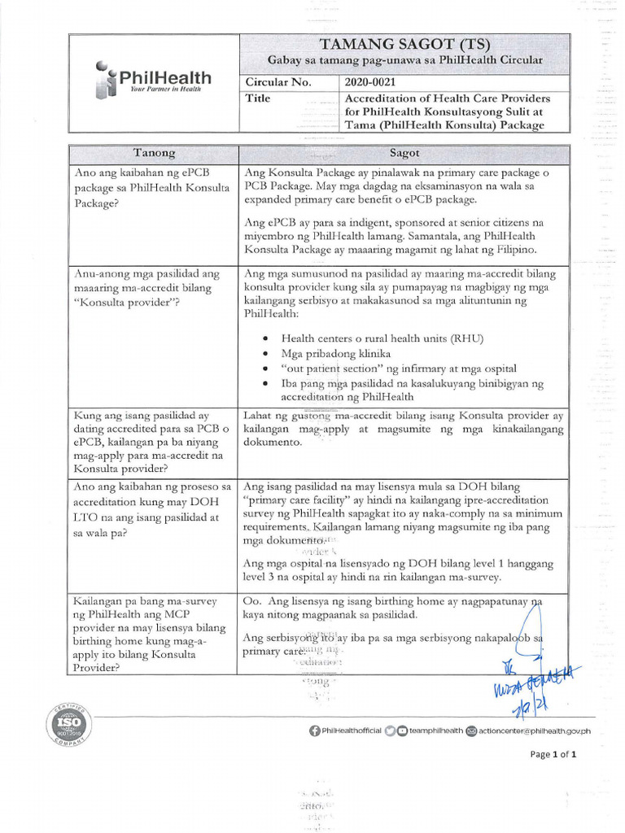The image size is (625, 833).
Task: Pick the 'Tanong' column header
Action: [x=154, y=153]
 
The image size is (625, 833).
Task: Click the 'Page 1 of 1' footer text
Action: [x=553, y=754]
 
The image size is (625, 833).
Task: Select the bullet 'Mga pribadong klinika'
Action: [x=335, y=354]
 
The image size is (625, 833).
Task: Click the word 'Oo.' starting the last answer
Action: [x=253, y=600]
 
